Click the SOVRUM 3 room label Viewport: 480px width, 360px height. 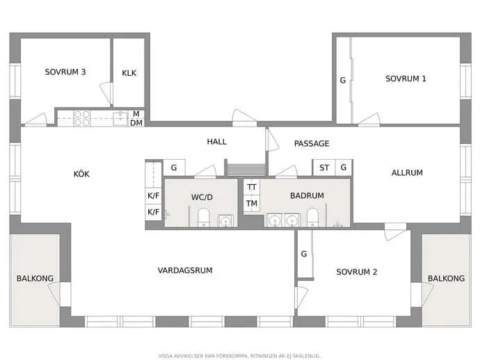[65, 72]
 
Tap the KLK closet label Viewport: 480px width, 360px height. [129, 73]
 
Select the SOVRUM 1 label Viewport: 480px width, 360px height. [406, 79]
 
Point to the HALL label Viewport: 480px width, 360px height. [217, 142]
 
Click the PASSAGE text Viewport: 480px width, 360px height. [312, 144]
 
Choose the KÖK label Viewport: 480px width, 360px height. [81, 174]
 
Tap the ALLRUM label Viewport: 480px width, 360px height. [407, 173]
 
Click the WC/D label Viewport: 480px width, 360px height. [202, 197]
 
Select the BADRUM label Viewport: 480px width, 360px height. [307, 196]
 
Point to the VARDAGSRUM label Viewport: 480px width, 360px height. [185, 270]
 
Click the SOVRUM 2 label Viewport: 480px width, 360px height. [357, 272]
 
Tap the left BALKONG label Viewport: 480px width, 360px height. [35, 279]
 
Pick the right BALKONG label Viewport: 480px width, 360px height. [446, 279]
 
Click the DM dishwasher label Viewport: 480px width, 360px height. [136, 123]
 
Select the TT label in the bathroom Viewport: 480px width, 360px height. [252, 187]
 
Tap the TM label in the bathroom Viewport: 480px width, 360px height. [252, 204]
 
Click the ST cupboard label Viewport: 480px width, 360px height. [324, 168]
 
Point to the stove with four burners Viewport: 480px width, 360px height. [82, 118]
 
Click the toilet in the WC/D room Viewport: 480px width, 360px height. [204, 218]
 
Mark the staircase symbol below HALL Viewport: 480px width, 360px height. [246, 170]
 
